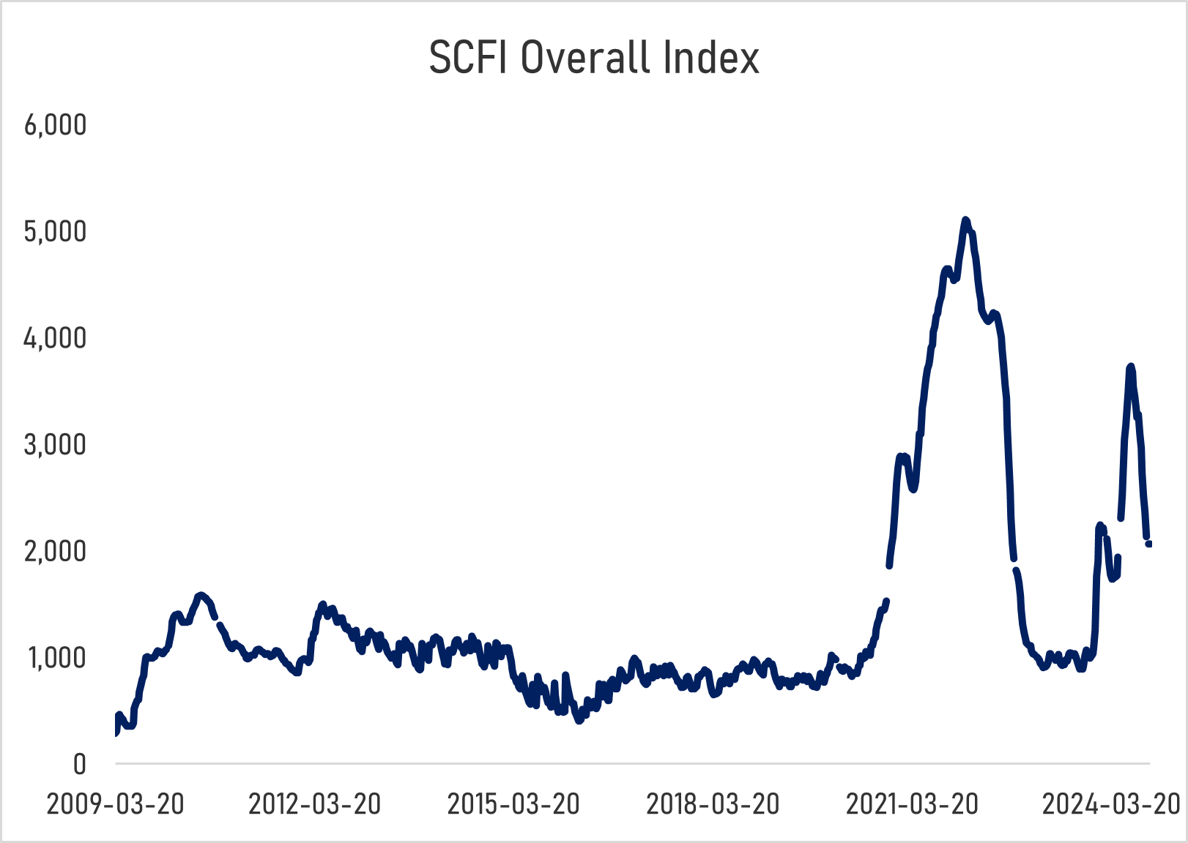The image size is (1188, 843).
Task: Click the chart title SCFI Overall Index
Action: tap(593, 58)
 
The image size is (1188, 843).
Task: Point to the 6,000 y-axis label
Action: tap(56, 125)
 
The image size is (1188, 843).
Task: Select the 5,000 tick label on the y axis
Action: tap(56, 232)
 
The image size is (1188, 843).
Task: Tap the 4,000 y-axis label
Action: tap(56, 339)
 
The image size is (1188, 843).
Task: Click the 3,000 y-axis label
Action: tap(56, 445)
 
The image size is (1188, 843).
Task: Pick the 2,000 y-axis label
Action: tap(56, 552)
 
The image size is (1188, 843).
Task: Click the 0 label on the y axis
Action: tap(79, 765)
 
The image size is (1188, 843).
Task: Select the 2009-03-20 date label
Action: tap(115, 804)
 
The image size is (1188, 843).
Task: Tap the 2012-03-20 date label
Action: tap(315, 804)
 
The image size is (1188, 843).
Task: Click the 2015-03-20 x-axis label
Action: tap(513, 804)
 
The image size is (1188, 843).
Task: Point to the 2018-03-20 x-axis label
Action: tap(713, 804)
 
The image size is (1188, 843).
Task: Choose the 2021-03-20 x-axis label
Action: tap(912, 804)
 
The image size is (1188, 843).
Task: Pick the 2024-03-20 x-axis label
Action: tap(1110, 804)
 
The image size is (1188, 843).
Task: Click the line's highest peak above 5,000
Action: tap(965, 220)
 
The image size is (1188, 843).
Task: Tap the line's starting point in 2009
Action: tap(116, 733)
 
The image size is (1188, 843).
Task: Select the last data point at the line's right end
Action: tap(1148, 544)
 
